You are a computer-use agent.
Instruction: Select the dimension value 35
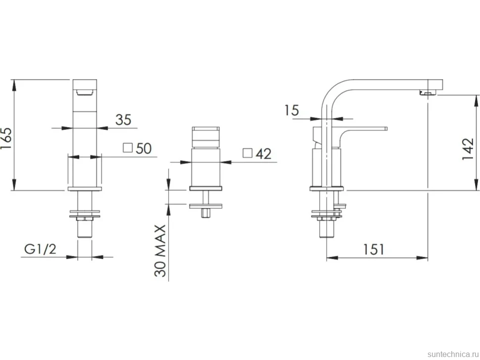point(123,120)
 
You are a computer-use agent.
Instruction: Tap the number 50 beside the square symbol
point(144,149)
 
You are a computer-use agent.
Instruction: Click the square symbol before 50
point(128,147)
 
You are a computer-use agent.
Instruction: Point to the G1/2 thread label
point(41,249)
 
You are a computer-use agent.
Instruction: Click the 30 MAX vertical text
point(160,251)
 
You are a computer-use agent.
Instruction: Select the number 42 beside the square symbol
point(264,154)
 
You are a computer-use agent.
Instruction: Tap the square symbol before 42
point(247,153)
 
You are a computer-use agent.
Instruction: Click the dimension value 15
point(292,110)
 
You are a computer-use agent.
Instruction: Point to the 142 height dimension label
point(468,149)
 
